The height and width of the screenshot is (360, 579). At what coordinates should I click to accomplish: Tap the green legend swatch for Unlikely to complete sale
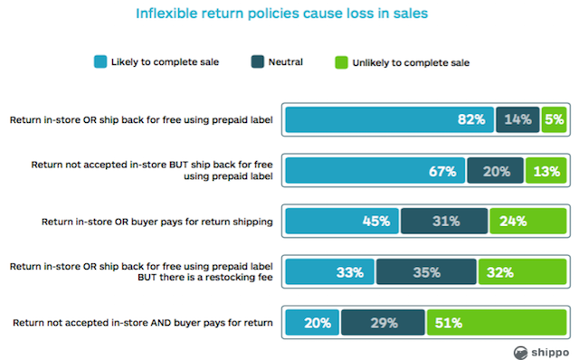click(341, 62)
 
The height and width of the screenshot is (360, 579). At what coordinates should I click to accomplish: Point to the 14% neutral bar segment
click(517, 118)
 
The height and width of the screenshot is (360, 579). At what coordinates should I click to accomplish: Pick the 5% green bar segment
click(554, 118)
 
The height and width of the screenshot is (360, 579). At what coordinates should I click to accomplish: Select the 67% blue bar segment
click(375, 169)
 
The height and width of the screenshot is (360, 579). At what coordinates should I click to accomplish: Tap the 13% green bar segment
click(545, 169)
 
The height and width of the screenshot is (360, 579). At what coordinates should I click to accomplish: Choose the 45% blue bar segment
click(343, 221)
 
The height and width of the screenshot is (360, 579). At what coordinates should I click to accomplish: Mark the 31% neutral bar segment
click(444, 221)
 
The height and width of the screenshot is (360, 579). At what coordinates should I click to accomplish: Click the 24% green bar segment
click(527, 221)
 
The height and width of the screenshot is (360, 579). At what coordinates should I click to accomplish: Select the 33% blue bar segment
click(330, 271)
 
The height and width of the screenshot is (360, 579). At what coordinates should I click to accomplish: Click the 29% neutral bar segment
click(383, 322)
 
